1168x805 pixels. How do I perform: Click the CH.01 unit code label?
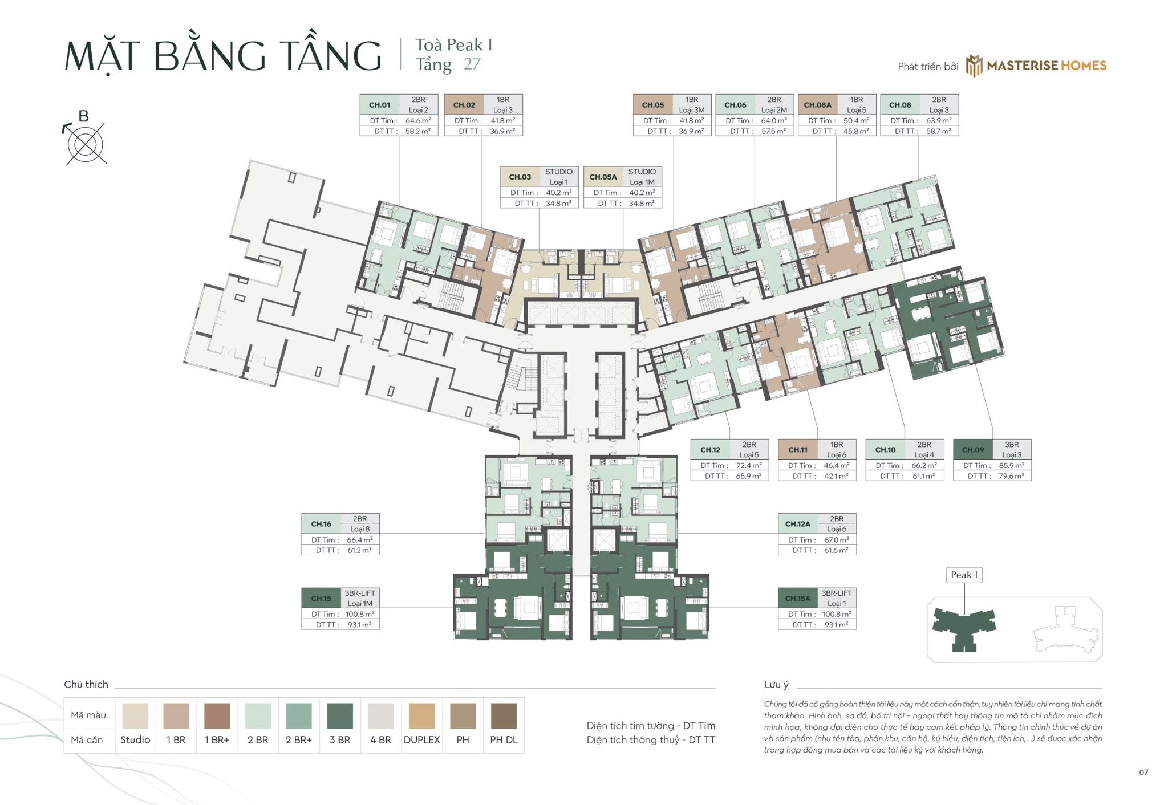point(379,105)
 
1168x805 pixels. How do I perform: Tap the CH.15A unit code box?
point(797,599)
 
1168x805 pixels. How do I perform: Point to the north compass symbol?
point(86,141)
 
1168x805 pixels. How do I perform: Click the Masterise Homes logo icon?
point(974,66)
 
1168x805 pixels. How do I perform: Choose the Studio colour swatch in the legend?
point(135,715)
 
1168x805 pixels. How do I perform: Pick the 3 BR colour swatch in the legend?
point(340,715)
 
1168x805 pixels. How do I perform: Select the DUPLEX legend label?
point(421,740)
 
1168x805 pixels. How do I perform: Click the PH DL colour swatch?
point(504,715)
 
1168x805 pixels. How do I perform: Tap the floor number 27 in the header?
point(472,64)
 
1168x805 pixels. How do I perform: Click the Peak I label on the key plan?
point(964,575)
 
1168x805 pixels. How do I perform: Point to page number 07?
point(1143,773)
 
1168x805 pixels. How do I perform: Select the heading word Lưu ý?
point(776,685)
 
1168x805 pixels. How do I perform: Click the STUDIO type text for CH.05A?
point(642,172)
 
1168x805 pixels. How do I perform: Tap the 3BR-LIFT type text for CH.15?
point(359,593)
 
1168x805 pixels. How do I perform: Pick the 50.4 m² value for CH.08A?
point(856,121)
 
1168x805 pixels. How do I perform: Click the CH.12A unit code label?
point(797,524)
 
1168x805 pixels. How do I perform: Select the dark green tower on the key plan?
point(963,627)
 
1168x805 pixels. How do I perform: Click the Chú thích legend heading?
point(86,685)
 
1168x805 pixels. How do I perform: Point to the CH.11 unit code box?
point(797,450)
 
